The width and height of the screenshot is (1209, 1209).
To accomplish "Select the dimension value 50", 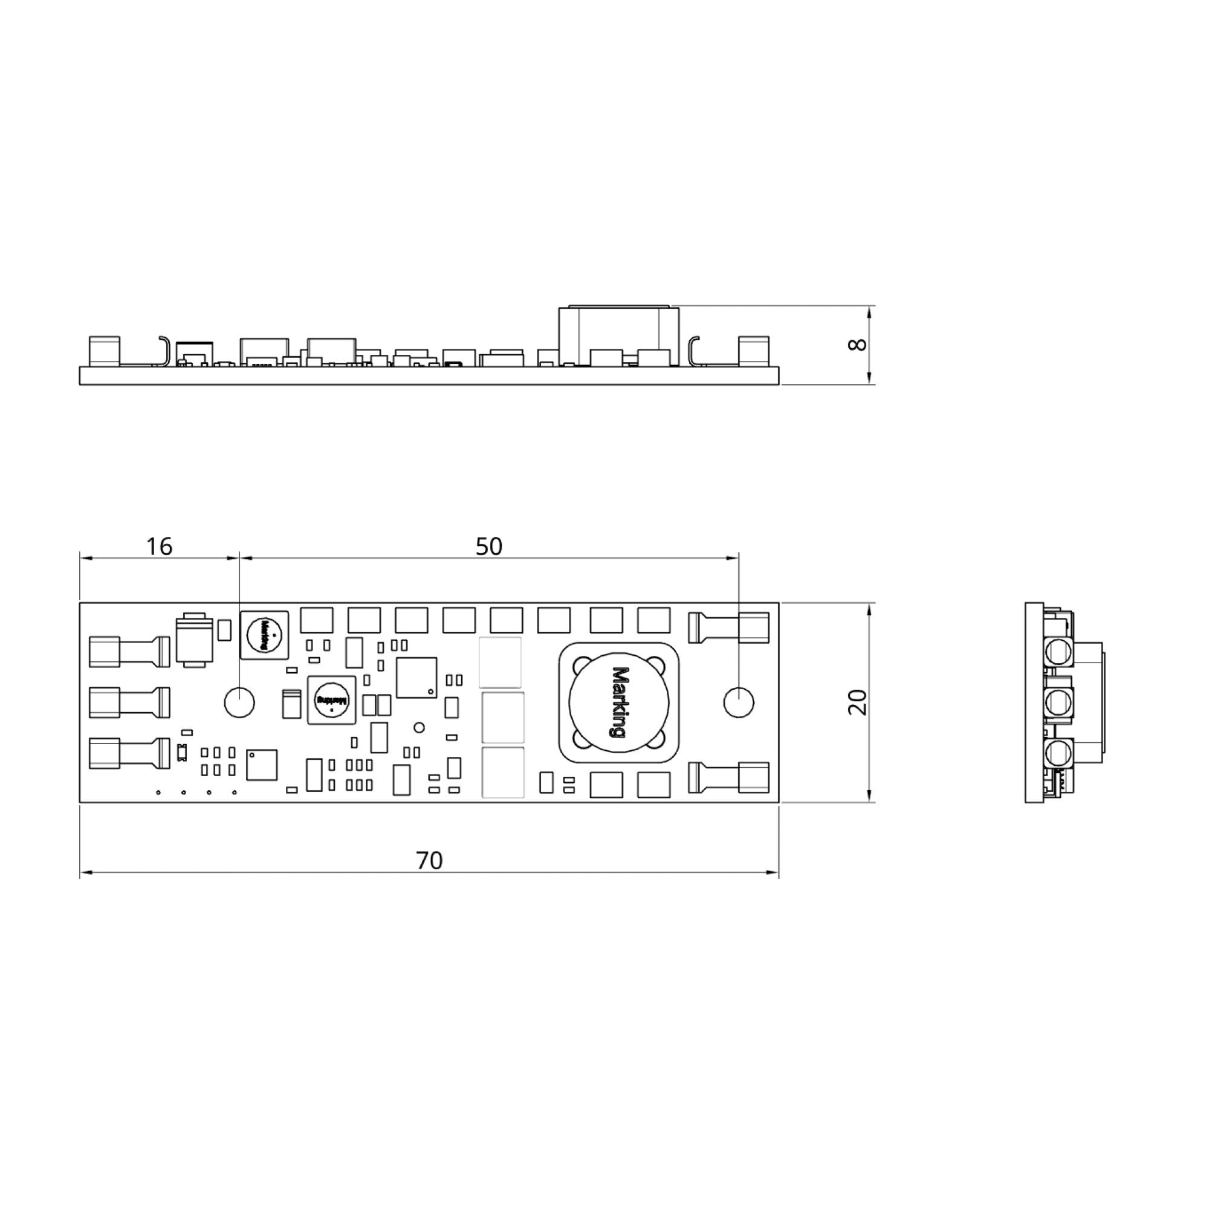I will [488, 546].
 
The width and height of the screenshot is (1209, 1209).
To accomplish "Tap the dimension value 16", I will [159, 546].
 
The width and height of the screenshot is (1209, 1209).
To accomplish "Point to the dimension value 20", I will [857, 701].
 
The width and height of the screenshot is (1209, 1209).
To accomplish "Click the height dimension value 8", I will [857, 344].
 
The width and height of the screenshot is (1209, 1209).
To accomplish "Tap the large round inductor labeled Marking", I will [619, 702].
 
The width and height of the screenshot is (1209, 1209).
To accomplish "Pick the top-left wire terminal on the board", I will [129, 652].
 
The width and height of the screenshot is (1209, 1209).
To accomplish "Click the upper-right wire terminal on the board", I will [729, 627].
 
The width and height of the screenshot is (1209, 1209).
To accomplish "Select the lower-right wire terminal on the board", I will [729, 778].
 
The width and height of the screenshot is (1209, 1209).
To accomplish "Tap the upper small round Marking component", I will [264, 635].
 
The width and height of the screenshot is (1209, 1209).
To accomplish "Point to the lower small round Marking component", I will [332, 700].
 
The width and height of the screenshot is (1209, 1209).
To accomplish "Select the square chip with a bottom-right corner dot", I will [417, 677].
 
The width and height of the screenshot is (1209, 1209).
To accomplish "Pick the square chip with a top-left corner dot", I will [262, 765].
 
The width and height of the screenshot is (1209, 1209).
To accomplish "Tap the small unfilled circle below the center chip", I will [420, 728].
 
